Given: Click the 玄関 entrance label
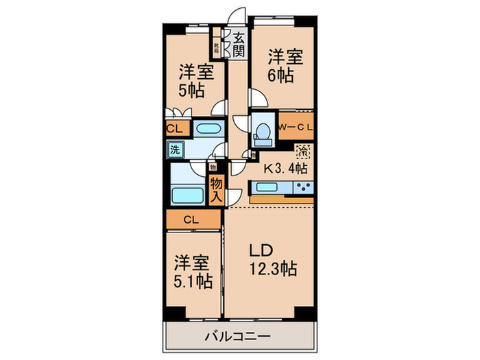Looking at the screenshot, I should [x=239, y=44].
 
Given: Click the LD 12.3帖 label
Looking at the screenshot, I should [x=269, y=259].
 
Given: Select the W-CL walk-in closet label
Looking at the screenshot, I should [x=296, y=128].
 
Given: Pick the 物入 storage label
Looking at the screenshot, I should [x=215, y=189].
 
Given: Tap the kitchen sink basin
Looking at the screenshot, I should [x=266, y=187].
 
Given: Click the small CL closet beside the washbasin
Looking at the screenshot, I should [x=174, y=128].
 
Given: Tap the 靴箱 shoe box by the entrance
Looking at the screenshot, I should [x=217, y=47].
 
